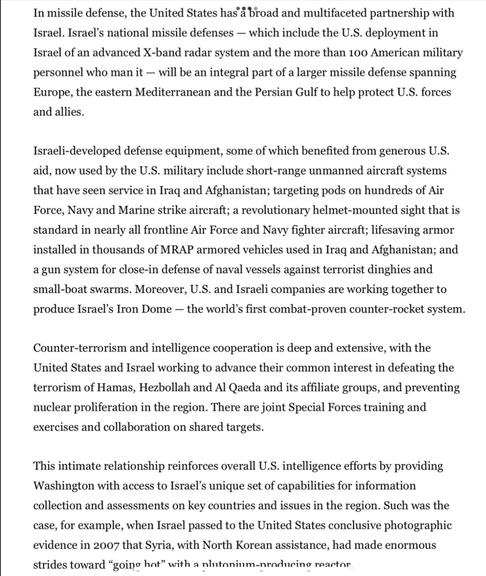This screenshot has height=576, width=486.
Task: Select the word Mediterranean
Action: point(172,92)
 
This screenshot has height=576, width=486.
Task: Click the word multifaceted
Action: point(335,13)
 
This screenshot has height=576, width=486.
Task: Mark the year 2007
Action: point(106,545)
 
